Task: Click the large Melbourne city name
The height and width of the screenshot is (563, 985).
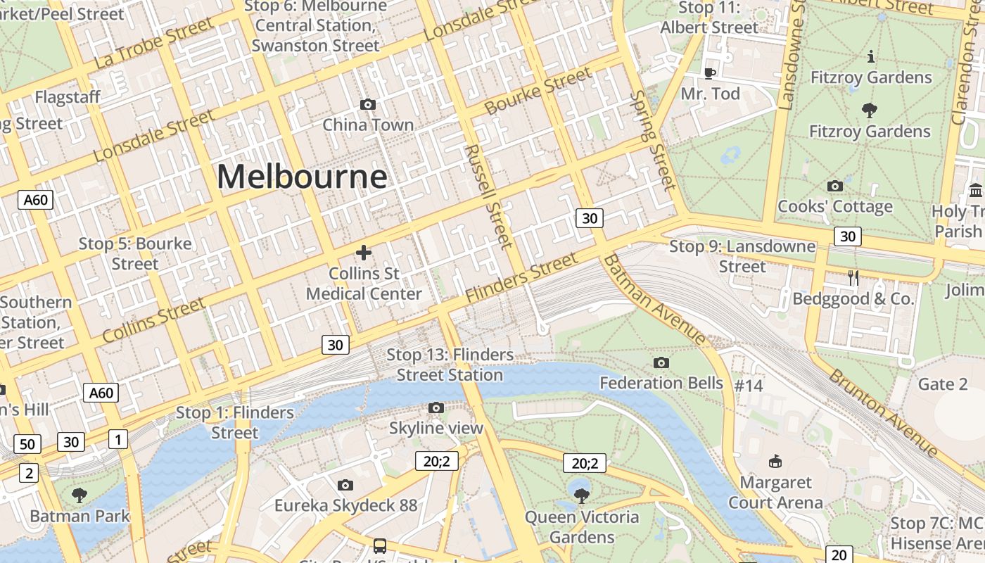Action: [x=301, y=176]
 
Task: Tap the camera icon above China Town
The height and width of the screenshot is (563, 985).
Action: [x=367, y=105]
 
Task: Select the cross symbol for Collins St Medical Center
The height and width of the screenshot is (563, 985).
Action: [x=364, y=252]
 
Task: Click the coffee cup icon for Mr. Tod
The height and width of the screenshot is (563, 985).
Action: [x=710, y=73]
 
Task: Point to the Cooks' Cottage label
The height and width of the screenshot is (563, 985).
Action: [x=834, y=206]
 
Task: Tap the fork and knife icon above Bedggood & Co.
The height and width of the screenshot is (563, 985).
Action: [x=853, y=278]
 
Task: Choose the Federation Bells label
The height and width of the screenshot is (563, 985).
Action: [x=661, y=383]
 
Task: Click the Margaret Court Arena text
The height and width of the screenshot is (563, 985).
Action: [x=775, y=493]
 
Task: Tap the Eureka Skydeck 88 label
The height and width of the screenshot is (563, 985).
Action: [x=345, y=505]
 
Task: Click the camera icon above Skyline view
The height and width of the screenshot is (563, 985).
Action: [x=436, y=408]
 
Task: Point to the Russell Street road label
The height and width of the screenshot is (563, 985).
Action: [x=485, y=196]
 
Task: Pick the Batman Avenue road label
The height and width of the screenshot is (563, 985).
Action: [x=654, y=299]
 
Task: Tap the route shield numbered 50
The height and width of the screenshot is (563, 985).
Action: [x=27, y=445]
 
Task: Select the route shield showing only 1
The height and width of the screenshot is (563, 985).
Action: [x=118, y=440]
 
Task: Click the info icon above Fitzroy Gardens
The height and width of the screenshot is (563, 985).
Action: [x=871, y=56]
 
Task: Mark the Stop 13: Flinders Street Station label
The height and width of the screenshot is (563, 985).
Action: [x=450, y=365]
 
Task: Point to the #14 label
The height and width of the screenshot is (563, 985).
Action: [x=749, y=386]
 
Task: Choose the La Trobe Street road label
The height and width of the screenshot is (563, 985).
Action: [x=153, y=43]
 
